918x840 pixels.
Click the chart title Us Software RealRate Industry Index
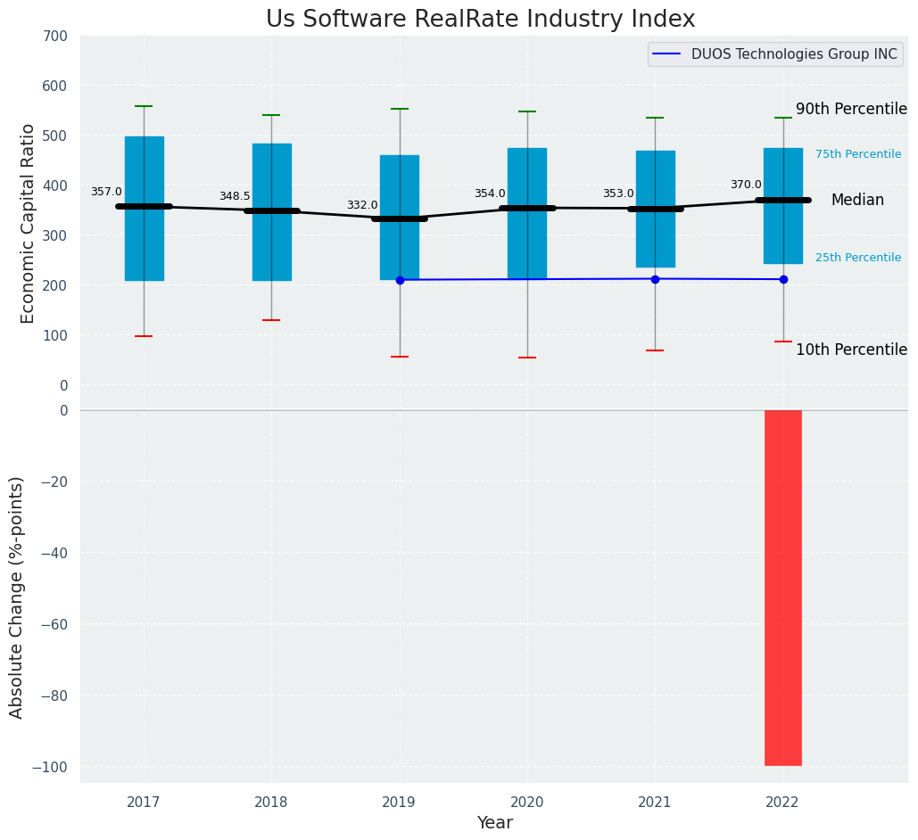tap(480, 20)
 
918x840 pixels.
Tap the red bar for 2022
tap(782, 588)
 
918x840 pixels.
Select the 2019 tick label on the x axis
tap(399, 803)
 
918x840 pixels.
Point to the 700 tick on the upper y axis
tap(55, 37)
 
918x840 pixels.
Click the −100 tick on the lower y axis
tap(51, 767)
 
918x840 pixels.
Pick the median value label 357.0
tap(106, 192)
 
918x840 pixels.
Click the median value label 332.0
tap(362, 205)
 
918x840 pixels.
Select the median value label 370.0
tap(746, 185)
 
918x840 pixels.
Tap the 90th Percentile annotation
tap(851, 110)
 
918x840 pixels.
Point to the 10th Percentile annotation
tap(851, 350)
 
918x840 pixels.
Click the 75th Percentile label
tap(858, 154)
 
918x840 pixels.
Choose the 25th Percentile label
tap(858, 258)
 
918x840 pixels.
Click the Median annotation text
tap(857, 201)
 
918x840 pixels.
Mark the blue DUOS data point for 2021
tap(655, 279)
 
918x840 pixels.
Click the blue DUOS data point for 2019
tap(400, 280)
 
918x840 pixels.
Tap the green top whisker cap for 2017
tap(144, 106)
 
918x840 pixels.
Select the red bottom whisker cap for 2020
tap(527, 358)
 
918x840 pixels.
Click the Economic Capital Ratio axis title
tap(29, 223)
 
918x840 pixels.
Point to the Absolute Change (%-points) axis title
tap(17, 597)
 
